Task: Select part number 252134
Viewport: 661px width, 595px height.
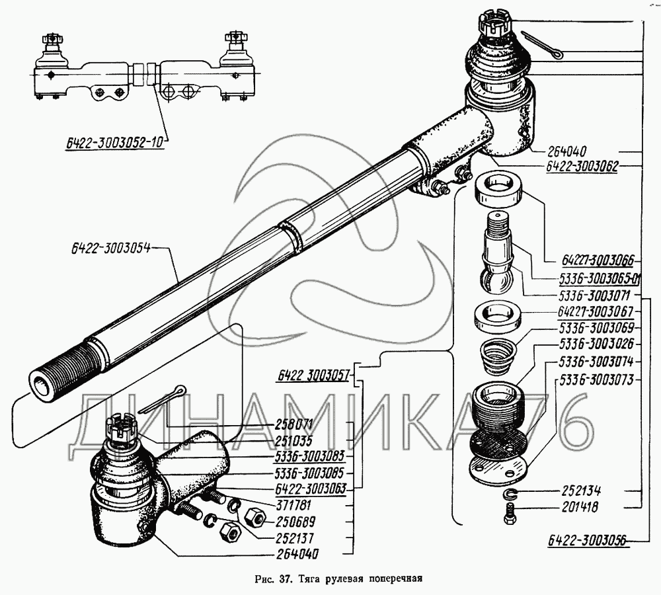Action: point(580,492)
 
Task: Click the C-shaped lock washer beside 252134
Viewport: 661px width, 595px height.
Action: point(511,494)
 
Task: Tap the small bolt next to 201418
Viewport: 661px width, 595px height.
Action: point(509,514)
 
